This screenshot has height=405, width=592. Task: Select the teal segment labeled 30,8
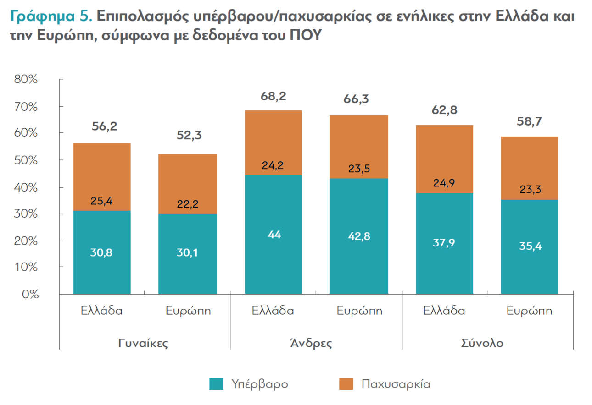coord(101,252)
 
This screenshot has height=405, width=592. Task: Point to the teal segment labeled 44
coord(274,234)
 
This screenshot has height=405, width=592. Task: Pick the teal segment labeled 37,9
coord(444,243)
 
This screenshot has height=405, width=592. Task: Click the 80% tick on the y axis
coord(26,79)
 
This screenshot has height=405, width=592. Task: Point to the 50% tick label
coord(26,160)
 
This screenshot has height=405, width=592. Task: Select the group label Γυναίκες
coord(143,343)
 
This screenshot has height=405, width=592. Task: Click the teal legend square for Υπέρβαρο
coord(216,383)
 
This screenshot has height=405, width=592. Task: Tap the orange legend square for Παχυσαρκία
coord(346,383)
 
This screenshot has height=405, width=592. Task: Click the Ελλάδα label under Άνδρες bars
coord(273,311)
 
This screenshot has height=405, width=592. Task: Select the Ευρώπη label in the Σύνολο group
coord(529,311)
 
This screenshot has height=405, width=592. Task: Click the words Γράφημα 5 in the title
coord(50,17)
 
